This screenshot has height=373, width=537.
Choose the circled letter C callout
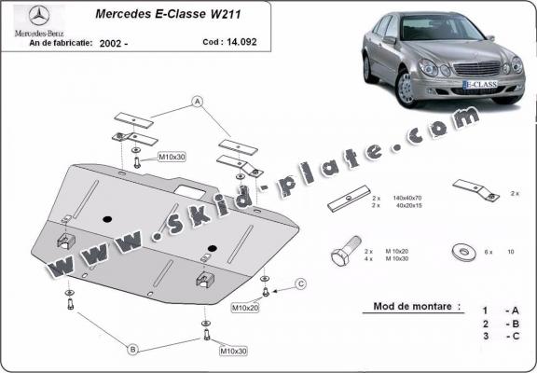click(301, 283)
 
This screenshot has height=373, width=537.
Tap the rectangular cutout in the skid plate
click(196, 189)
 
